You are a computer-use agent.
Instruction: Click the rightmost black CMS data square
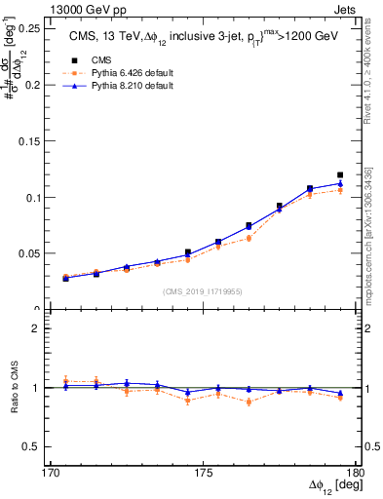pos(340,175)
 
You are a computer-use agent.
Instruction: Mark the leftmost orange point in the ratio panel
pos(66,381)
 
